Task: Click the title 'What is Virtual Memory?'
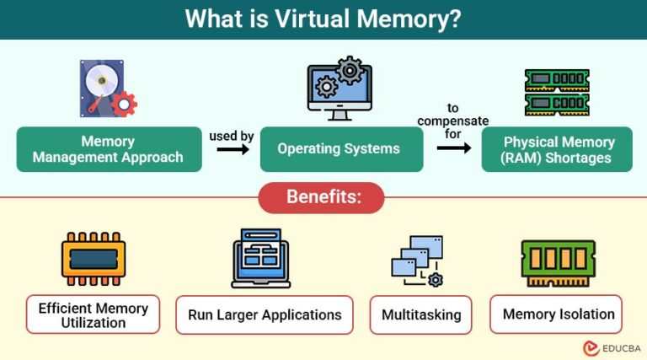pos(323,19)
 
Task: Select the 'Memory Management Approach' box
pos(109,149)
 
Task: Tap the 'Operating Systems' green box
pos(339,149)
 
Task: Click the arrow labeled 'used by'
pos(233,149)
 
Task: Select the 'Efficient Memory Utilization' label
pos(94,315)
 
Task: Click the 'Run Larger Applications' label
pos(265,315)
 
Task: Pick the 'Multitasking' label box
pos(421,315)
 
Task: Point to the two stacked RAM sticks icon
pos(557,92)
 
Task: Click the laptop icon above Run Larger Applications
pos(260,258)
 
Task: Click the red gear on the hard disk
pos(124,104)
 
